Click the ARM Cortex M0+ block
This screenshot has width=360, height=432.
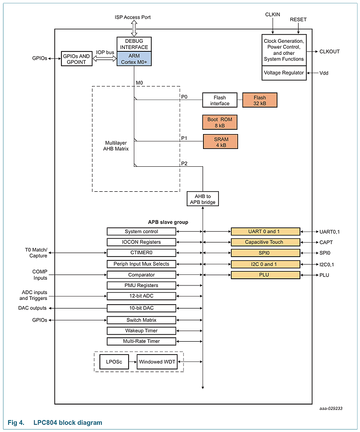134,59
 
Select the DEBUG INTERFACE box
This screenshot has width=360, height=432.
134,44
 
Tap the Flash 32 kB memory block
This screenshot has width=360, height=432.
260,100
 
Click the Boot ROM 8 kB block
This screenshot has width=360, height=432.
219,122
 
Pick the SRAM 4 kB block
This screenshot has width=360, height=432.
219,142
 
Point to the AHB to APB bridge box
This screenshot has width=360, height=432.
203,198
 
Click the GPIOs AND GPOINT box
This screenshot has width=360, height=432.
77,59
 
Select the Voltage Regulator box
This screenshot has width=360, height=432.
284,73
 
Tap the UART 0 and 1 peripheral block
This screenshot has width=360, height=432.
265,232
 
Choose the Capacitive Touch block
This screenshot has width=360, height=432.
265,242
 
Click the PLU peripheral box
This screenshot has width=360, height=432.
265,275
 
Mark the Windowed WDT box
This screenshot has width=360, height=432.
157,362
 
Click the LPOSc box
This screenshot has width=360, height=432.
114,362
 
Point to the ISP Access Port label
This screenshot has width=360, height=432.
132,17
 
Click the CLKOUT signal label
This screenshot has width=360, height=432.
329,51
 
